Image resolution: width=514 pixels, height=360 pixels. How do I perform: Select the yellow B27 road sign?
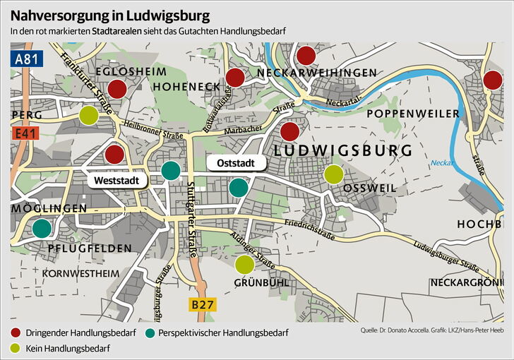[x=202, y=305]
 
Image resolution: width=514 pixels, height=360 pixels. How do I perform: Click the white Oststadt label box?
[x=236, y=163]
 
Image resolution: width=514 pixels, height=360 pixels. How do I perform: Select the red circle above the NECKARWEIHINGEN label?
[x=306, y=56]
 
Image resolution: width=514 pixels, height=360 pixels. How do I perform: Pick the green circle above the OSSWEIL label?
[x=333, y=173]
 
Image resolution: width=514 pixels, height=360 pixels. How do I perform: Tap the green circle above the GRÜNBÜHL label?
[x=244, y=265]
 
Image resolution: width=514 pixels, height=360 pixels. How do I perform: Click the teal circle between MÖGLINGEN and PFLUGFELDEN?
[x=42, y=228]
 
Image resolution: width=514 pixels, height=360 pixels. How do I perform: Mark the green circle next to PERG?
[x=88, y=114]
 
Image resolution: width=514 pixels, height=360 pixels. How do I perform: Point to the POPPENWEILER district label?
[x=407, y=114]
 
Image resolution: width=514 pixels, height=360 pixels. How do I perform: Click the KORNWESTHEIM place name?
[x=77, y=272]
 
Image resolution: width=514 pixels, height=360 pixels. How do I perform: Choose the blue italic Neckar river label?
[x=441, y=163]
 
